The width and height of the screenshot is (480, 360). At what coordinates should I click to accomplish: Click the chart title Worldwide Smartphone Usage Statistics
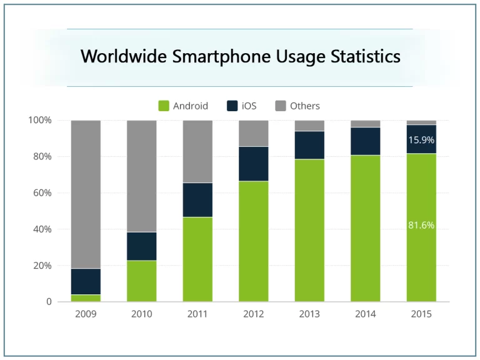coord(240,57)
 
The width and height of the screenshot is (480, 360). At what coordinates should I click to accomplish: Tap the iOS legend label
coord(249,106)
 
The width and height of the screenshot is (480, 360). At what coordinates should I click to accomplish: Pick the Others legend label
coord(304,106)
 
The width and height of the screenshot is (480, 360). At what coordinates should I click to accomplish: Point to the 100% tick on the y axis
coord(40,120)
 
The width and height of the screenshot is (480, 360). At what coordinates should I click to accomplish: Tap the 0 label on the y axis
coord(49,302)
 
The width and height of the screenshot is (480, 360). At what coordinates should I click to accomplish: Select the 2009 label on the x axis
coord(86,314)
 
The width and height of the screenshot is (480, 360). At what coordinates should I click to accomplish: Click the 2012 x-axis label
coord(253,314)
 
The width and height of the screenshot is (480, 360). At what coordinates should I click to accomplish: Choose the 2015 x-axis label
coord(421,314)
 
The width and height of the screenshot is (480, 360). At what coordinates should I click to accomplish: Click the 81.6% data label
coord(421,225)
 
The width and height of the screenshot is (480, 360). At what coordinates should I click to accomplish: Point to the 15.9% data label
coord(421,140)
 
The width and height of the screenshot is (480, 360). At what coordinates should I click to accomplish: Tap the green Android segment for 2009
coord(86,298)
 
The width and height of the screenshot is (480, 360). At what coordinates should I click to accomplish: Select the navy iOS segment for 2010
coord(142,246)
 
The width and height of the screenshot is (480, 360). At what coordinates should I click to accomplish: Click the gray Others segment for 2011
coord(197,151)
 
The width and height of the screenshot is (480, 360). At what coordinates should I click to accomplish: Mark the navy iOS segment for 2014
coord(366,141)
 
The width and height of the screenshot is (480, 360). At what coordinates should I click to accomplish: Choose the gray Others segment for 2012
coord(253,133)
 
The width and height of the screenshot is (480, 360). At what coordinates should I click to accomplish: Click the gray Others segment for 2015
coord(421,122)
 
